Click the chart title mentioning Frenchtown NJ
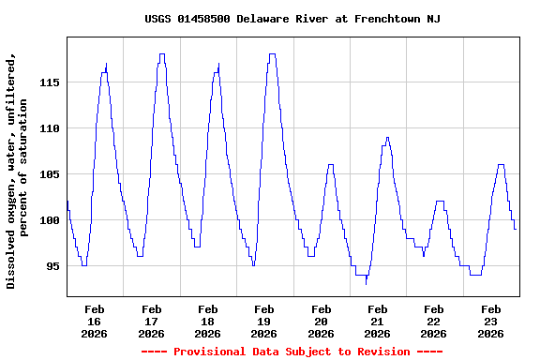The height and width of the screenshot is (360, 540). pos(292,19)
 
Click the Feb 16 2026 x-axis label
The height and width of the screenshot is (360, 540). pos(95,321)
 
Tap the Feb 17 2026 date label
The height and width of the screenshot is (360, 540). pos(151,321)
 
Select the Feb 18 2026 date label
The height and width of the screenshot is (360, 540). pos(207,321)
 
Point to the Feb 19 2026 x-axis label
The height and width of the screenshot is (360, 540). pos(264,321)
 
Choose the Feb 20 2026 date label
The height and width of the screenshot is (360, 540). pos(321,321)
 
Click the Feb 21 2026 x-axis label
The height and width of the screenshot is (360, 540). pos(377,321)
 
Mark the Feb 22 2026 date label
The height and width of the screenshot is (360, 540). pos(433,321)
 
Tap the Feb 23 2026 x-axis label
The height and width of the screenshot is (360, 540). pos(490,321)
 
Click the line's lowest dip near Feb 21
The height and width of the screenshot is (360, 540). pos(367,282)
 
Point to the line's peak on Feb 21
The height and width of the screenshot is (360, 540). pos(387,138)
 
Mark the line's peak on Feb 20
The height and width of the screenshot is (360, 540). pos(330,165)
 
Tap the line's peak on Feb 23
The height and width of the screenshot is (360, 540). pos(502,165)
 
